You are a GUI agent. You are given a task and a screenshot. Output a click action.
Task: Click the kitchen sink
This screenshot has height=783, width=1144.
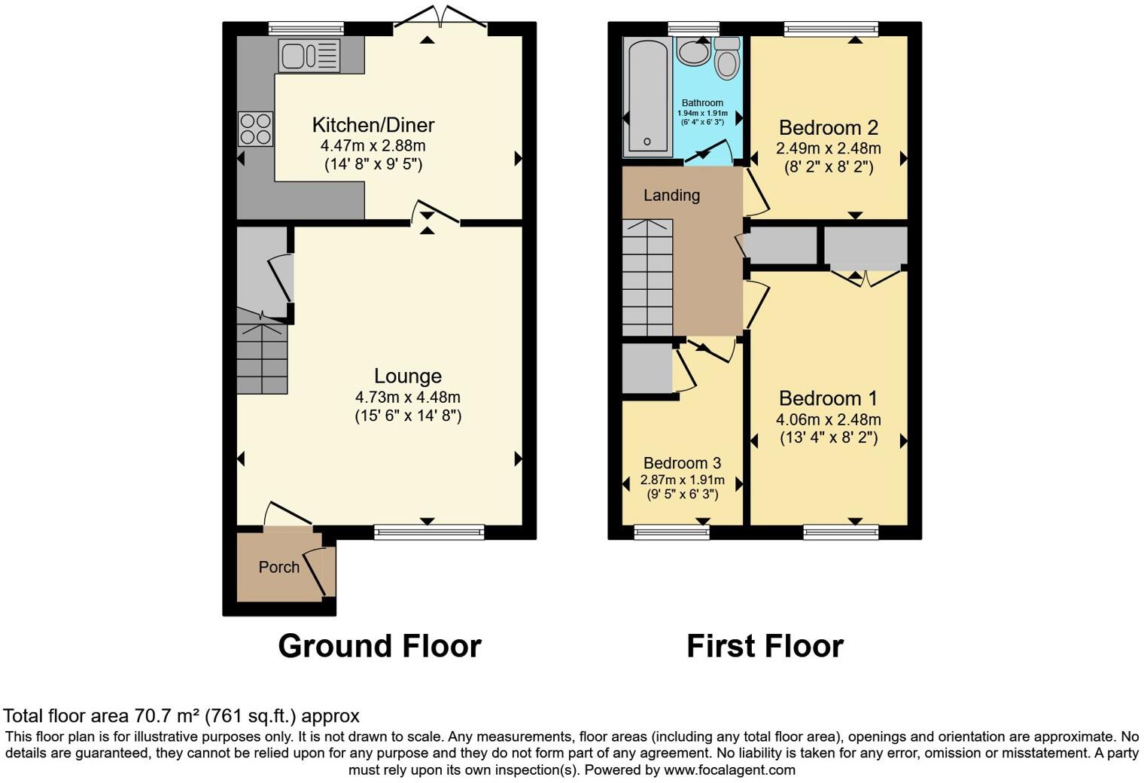(309, 56)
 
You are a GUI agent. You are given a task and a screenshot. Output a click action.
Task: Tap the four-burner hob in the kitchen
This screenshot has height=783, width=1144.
(255, 129)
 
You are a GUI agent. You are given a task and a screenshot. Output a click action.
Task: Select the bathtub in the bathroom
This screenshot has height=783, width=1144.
(647, 96)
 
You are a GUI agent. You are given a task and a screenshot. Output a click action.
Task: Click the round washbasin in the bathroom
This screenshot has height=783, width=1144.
(692, 52)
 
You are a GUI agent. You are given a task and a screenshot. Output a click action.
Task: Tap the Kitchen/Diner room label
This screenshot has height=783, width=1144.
(373, 125)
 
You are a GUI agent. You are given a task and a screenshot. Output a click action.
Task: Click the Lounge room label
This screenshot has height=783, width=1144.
(408, 376)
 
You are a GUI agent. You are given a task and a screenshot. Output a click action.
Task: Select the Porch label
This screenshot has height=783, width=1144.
(279, 568)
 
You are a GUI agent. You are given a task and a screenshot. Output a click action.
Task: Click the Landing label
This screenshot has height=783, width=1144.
(671, 196)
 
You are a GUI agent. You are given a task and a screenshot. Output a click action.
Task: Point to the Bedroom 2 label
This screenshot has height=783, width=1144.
(829, 128)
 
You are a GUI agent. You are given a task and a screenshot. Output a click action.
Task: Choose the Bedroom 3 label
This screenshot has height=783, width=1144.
(682, 464)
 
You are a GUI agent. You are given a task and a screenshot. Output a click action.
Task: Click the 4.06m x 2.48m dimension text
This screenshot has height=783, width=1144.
(829, 420)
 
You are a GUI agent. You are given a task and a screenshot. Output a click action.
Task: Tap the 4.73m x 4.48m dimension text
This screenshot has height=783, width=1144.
(408, 398)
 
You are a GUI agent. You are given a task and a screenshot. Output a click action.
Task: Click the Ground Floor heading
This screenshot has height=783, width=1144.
(379, 647)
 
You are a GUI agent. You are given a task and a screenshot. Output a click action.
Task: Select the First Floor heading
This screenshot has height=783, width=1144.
(765, 647)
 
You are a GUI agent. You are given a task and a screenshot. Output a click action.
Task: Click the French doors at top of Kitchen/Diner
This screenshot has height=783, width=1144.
(441, 19)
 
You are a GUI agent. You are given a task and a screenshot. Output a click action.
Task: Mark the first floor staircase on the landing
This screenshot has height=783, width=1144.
(647, 278)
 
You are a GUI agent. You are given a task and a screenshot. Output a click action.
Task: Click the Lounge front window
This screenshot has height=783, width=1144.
(429, 532)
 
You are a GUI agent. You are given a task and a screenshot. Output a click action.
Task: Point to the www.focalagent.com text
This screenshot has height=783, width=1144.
(729, 770)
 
